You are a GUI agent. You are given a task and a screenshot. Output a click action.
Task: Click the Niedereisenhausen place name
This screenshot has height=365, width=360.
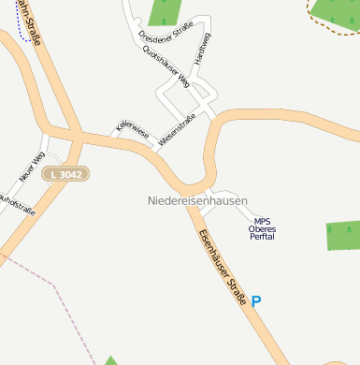click(197, 201)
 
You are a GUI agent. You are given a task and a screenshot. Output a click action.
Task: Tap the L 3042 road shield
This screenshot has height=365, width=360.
click(67, 175)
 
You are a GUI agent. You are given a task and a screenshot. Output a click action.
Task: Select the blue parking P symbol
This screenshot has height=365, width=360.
click(256, 301)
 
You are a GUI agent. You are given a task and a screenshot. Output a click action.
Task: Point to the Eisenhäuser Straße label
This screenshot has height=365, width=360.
click(221, 262)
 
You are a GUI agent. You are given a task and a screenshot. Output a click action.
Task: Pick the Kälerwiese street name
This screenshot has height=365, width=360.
click(132, 130)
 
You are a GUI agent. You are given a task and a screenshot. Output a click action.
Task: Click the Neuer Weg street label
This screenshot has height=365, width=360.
click(32, 167)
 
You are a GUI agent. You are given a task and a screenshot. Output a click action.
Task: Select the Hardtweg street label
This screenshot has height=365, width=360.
click(201, 49)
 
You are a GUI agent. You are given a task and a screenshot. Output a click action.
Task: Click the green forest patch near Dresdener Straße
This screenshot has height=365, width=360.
click(166, 12)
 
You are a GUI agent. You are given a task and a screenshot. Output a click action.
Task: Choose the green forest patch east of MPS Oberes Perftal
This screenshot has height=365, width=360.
click(343, 235)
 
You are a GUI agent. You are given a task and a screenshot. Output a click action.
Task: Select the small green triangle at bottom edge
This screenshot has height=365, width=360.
click(110, 360)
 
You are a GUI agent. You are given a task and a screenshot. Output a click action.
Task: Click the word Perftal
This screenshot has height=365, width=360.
click(262, 237)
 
